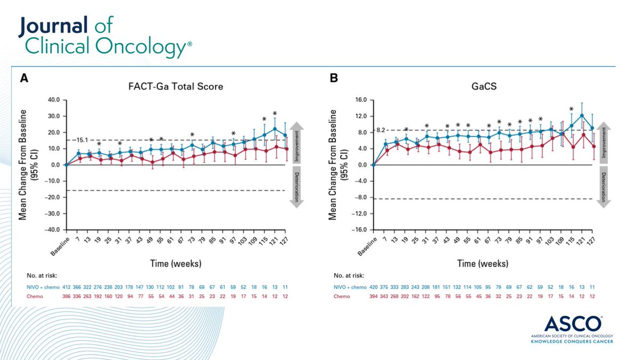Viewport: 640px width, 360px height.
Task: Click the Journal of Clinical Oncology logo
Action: pyautogui.click(x=105, y=37)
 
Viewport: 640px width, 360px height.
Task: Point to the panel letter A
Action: pyautogui.click(x=24, y=78)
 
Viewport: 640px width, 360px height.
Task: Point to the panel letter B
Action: pyautogui.click(x=334, y=78)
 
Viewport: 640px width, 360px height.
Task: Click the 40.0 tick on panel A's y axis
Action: pyautogui.click(x=54, y=100)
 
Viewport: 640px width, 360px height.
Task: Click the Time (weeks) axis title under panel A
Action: pyautogui.click(x=179, y=263)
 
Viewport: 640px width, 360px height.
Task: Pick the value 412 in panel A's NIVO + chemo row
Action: pyautogui.click(x=66, y=287)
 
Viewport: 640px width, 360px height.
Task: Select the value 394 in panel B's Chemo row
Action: pyautogui.click(x=373, y=296)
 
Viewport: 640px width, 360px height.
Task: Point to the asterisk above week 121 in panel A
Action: pyautogui.click(x=275, y=114)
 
